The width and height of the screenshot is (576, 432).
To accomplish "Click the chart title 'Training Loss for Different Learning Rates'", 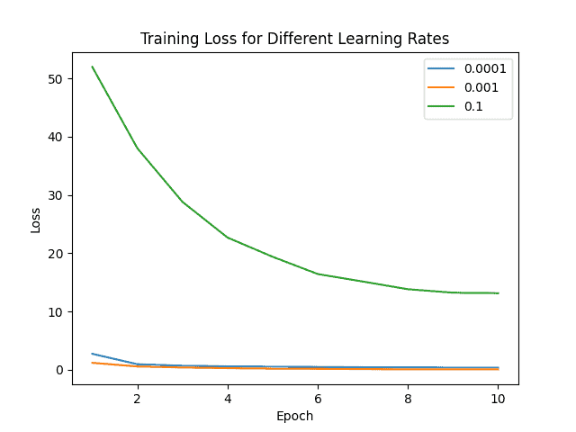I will [294, 39].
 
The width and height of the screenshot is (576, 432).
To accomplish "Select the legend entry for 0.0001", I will [467, 68].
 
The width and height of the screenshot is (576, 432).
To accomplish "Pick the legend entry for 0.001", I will [467, 88].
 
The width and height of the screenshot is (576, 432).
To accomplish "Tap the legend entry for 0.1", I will [467, 108].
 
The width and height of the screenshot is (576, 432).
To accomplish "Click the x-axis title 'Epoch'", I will [294, 416].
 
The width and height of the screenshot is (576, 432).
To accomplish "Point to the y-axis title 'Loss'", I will [36, 219].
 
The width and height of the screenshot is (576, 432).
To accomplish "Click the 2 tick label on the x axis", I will [138, 397].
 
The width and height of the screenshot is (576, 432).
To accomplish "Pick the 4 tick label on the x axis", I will [228, 397].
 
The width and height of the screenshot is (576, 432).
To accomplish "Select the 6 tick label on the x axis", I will [318, 397].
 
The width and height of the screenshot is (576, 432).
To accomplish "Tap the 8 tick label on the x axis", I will [408, 397].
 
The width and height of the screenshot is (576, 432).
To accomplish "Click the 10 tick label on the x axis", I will [498, 397].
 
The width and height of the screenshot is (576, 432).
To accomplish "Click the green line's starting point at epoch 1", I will [93, 67].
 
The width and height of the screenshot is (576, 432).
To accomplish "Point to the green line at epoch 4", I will [228, 238].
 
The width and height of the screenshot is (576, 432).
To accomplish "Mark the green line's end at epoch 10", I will [498, 292].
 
